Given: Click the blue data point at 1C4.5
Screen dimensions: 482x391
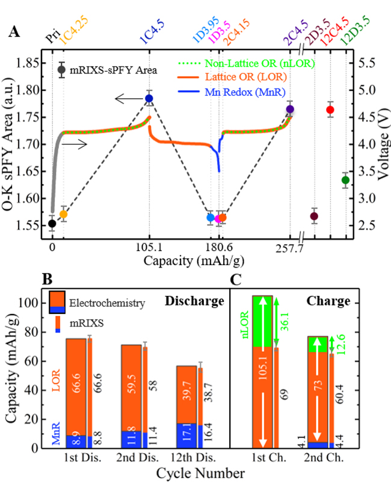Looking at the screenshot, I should tap(149, 98).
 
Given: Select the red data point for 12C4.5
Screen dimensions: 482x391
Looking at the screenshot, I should tap(330, 110).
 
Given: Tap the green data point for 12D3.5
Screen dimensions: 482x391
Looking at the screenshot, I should tap(345, 180).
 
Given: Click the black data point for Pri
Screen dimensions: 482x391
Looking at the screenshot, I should tap(52, 224).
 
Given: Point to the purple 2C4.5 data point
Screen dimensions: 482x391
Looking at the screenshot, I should tap(291, 109).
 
